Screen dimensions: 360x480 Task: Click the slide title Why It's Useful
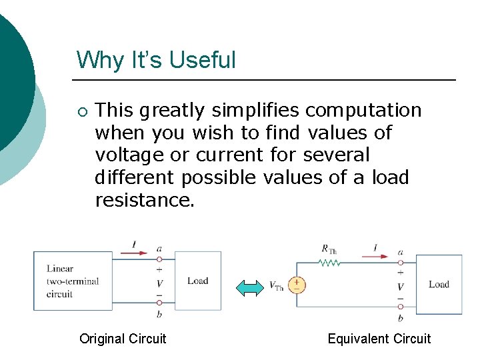coord(156,60)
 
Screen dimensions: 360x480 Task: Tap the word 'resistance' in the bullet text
coord(143,200)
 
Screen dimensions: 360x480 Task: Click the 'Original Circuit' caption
coord(123,339)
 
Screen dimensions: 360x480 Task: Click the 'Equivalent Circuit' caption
coord(379,339)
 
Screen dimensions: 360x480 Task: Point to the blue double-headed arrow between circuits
coord(251,287)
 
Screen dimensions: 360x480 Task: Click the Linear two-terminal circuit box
coord(73,281)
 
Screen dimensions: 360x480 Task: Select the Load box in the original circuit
coord(198,281)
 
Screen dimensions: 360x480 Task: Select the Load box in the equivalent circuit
coord(439,284)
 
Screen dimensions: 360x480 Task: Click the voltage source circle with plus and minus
coord(297,285)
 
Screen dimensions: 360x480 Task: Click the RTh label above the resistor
coord(329,249)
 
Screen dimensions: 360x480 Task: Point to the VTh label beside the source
coord(276,287)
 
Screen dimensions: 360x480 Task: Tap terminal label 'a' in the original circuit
coord(159,248)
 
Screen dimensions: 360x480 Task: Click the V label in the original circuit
coord(159,284)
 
